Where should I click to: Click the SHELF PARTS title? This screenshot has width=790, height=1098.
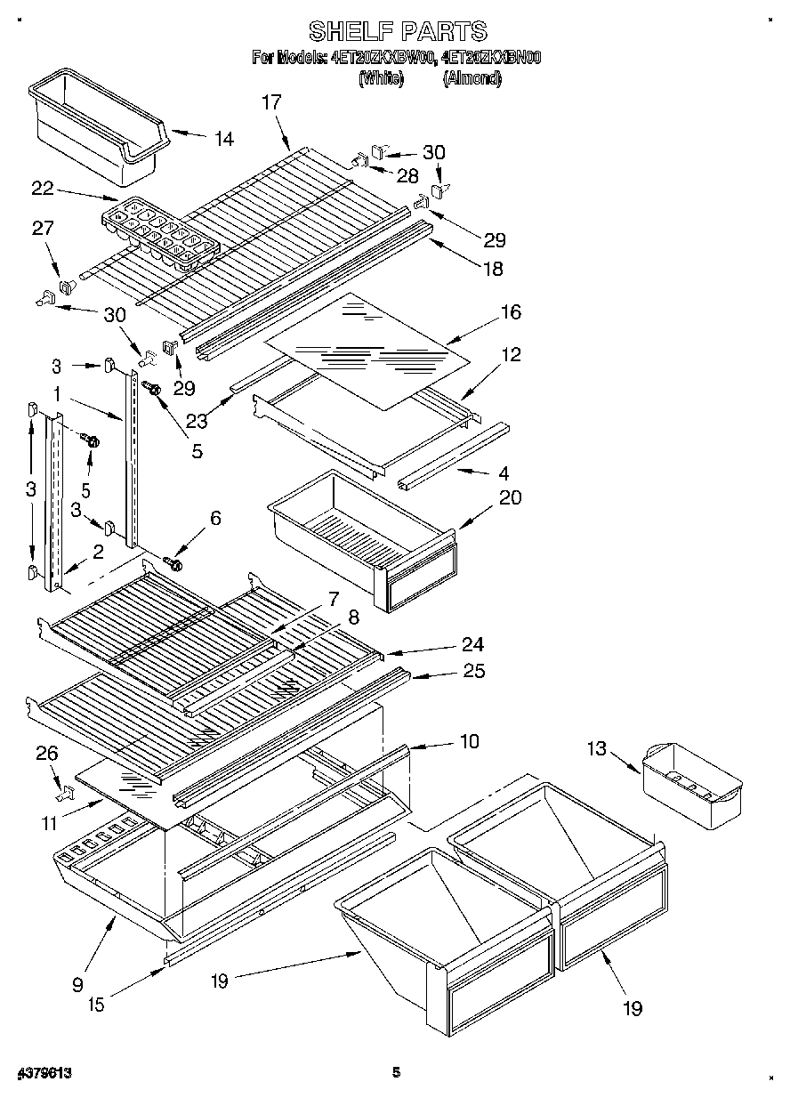click(397, 30)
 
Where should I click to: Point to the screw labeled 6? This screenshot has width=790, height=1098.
click(173, 563)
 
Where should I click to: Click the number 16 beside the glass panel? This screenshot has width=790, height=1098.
click(511, 312)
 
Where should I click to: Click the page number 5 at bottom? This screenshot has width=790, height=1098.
click(397, 1073)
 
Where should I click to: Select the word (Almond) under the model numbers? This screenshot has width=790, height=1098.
click(472, 78)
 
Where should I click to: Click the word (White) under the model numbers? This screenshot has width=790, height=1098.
click(381, 78)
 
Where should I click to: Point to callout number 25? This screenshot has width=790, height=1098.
click(474, 671)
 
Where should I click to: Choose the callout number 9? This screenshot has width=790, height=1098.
click(77, 984)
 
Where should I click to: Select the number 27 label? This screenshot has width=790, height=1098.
click(43, 229)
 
